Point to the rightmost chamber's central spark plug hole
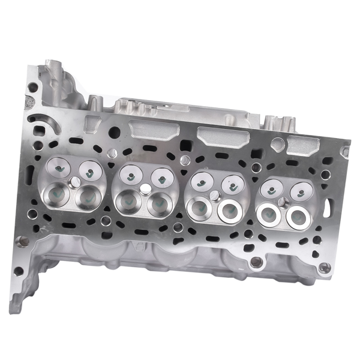click(281, 201)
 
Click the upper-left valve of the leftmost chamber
click(60, 169)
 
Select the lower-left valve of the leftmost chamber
click(58, 194)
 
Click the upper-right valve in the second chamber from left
click(160, 177)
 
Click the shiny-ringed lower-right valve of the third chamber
click(229, 210)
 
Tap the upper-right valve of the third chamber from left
click(231, 184)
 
